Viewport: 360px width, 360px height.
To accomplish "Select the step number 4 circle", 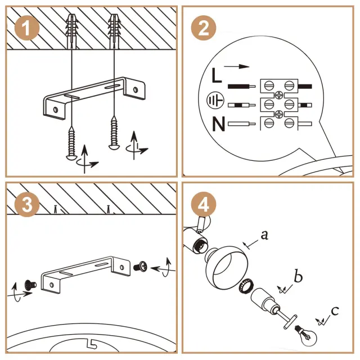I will (204, 204).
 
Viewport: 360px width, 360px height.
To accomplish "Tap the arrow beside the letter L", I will (240, 66).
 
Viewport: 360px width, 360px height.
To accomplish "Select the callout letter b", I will (298, 277).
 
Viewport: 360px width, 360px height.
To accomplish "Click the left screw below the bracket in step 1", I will (73, 143).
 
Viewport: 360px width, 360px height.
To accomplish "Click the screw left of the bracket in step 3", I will (30, 283).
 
